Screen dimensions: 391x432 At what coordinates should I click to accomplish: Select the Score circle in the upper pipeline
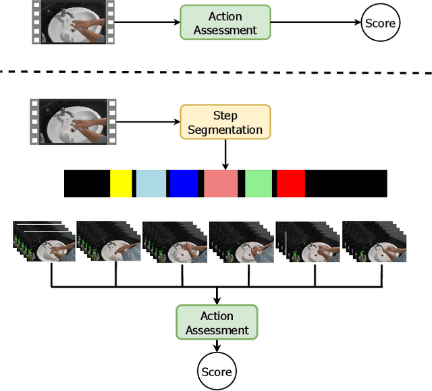(x=380, y=23)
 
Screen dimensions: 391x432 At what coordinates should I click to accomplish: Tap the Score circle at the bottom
(x=217, y=371)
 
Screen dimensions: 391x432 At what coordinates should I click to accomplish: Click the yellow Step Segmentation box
(x=225, y=122)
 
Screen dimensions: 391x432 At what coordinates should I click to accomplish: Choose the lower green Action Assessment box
(x=217, y=323)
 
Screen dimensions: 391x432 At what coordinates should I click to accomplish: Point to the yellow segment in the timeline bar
(x=121, y=184)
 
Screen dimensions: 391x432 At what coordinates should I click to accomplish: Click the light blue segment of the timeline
(x=151, y=184)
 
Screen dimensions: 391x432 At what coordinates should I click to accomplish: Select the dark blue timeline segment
(x=183, y=184)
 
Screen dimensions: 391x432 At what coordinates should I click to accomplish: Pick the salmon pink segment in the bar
(x=221, y=184)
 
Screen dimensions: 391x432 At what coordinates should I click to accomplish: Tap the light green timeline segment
(x=258, y=184)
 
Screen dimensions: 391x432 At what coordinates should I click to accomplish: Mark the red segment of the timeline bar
(x=291, y=184)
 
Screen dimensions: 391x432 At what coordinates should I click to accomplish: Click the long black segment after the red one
(x=346, y=184)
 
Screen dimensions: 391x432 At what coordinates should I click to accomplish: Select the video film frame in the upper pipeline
(x=73, y=22)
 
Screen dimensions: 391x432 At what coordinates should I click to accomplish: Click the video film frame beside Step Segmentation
(x=73, y=122)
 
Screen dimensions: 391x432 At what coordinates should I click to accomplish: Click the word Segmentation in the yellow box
(x=225, y=129)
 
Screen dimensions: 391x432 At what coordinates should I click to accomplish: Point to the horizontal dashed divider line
(x=216, y=71)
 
